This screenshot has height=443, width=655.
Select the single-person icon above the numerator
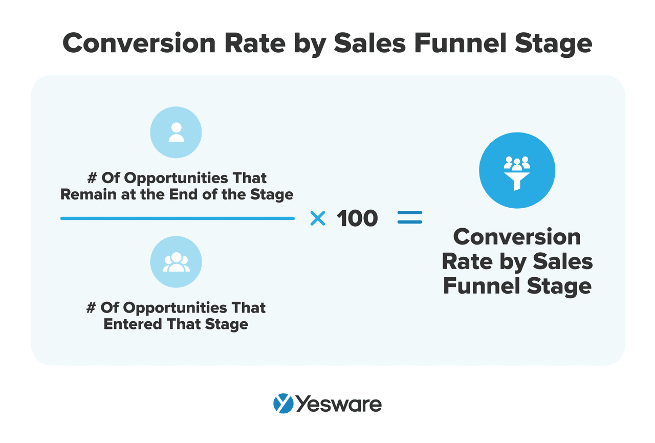pyautogui.click(x=176, y=132)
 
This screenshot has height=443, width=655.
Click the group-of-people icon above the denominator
pyautogui.click(x=176, y=262)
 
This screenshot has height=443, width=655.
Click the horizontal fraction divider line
pyautogui.click(x=177, y=218)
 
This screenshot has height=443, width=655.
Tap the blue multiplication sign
pyautogui.click(x=318, y=219)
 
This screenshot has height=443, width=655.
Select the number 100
pyautogui.click(x=357, y=219)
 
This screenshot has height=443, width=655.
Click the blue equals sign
pyautogui.click(x=410, y=219)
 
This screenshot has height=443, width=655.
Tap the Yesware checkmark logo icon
pyautogui.click(x=283, y=404)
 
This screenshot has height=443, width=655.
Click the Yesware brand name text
pyautogui.click(x=339, y=404)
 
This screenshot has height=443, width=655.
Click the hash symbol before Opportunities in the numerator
pyautogui.click(x=92, y=178)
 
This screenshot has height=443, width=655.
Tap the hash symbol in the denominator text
pyautogui.click(x=91, y=308)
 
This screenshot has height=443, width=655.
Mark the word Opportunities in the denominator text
pyautogui.click(x=163, y=308)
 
